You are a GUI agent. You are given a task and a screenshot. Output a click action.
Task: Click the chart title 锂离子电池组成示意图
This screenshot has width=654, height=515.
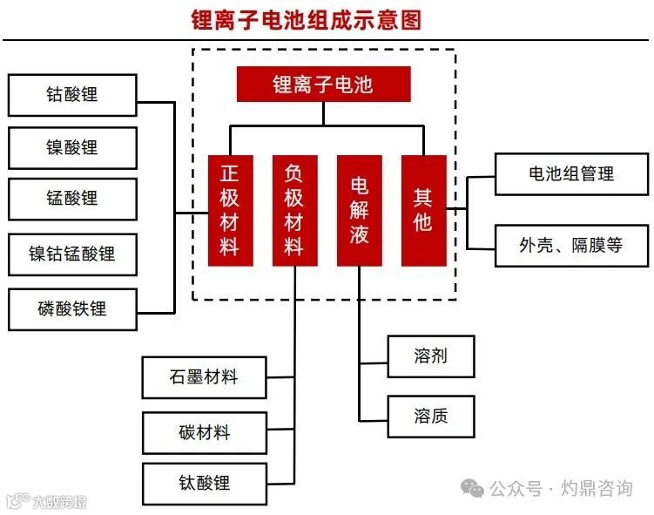point(307,20)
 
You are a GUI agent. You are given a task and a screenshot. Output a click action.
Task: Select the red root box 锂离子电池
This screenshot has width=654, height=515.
point(323,85)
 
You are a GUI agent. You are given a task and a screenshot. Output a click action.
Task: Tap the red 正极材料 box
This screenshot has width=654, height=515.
point(230,210)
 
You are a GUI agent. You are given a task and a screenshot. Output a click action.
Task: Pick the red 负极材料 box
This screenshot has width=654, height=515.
point(294,210)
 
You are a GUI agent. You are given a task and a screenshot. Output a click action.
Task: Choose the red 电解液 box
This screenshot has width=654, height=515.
point(360,210)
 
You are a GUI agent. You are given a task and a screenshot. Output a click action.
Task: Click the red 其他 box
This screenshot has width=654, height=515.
point(423,210)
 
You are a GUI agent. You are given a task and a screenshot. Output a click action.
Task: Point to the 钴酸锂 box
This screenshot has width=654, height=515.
point(72,95)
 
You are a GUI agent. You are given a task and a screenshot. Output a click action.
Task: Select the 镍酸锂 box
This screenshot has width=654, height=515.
point(72,147)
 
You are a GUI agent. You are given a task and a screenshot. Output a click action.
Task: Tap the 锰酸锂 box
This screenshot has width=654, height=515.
point(72,200)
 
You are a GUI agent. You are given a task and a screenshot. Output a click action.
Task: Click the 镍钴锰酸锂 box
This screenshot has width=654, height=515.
point(72,254)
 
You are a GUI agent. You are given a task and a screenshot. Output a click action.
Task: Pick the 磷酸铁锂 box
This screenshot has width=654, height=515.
point(72,308)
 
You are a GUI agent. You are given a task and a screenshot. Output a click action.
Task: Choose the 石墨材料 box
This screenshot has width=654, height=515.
point(204,377)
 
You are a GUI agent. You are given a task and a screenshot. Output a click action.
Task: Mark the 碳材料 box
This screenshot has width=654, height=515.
point(204,431)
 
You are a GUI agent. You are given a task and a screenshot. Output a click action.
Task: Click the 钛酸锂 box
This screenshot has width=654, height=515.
point(204,483)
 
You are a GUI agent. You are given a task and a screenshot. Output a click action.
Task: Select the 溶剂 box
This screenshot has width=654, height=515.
point(431,356)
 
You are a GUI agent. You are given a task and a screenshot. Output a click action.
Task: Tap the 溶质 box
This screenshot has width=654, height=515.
point(431,416)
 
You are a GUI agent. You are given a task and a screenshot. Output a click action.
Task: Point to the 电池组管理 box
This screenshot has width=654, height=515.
point(571,173)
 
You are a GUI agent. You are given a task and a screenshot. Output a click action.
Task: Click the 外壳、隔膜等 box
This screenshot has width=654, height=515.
point(571,245)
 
